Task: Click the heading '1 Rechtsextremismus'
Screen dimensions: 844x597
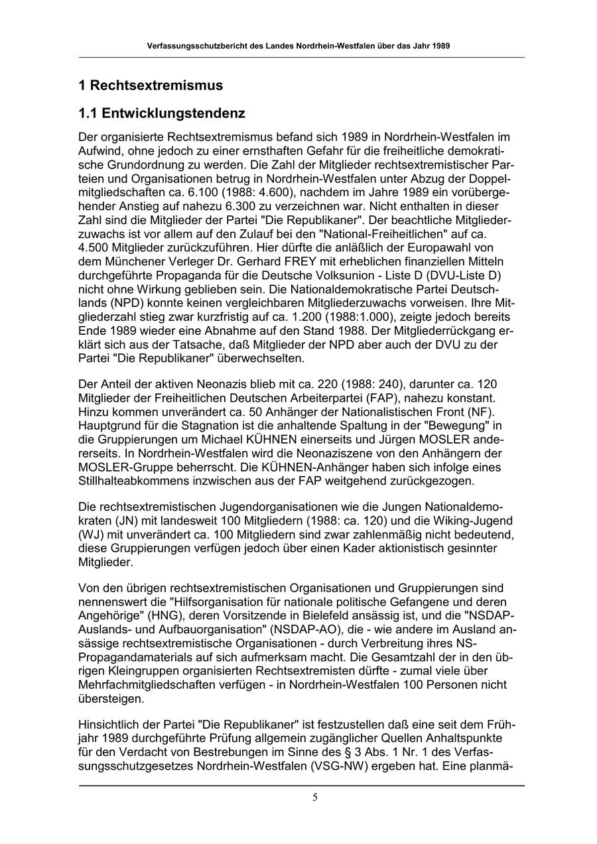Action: coord(151,86)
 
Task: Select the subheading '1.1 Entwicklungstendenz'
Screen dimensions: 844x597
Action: coord(162,113)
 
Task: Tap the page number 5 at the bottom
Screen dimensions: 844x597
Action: coord(315,797)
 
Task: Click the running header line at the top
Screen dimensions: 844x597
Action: coord(301,47)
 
